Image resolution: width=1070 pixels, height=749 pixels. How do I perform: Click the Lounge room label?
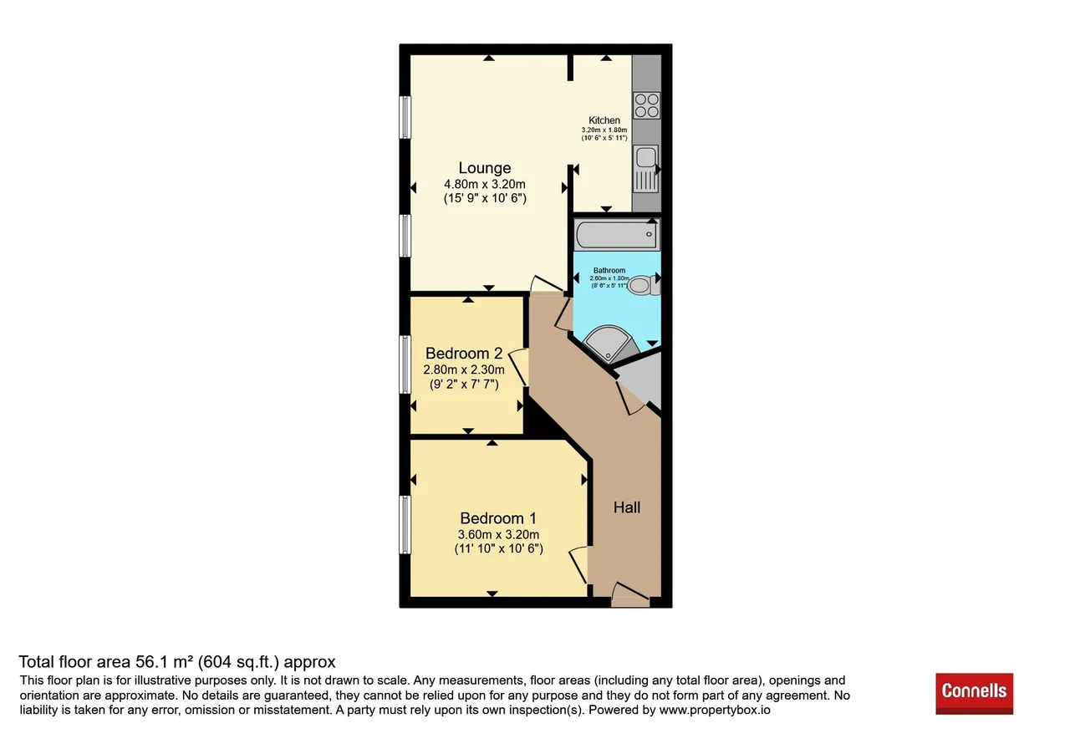click(x=484, y=168)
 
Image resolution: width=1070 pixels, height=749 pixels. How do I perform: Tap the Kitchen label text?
click(x=604, y=120)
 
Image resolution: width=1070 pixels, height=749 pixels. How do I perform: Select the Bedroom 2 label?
click(x=464, y=353)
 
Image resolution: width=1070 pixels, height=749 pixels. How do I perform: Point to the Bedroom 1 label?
click(x=498, y=517)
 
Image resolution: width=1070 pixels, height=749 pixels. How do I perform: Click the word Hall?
click(x=627, y=507)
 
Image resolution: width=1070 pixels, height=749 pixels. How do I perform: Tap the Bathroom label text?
click(x=609, y=270)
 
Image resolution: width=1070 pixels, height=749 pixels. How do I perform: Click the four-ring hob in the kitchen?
click(x=647, y=105)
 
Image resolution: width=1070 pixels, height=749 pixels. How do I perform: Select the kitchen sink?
click(x=646, y=169)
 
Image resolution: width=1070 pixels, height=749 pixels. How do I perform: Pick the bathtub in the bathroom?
click(x=617, y=235)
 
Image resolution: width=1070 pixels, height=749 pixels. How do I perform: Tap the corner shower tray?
click(x=609, y=344)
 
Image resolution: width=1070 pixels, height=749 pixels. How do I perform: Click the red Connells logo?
click(x=975, y=694)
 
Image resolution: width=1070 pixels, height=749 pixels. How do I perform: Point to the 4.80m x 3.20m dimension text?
click(x=484, y=185)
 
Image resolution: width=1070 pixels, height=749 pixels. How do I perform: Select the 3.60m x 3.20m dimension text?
click(x=498, y=534)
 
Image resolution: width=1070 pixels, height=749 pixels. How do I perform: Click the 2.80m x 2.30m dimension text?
click(x=464, y=369)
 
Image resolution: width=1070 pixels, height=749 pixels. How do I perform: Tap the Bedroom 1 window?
click(x=405, y=524)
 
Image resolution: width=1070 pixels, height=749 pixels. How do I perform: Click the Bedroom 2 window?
click(x=405, y=364)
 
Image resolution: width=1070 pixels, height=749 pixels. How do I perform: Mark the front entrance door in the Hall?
click(x=630, y=595)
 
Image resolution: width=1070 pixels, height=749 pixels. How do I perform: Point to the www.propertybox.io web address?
click(x=715, y=710)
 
